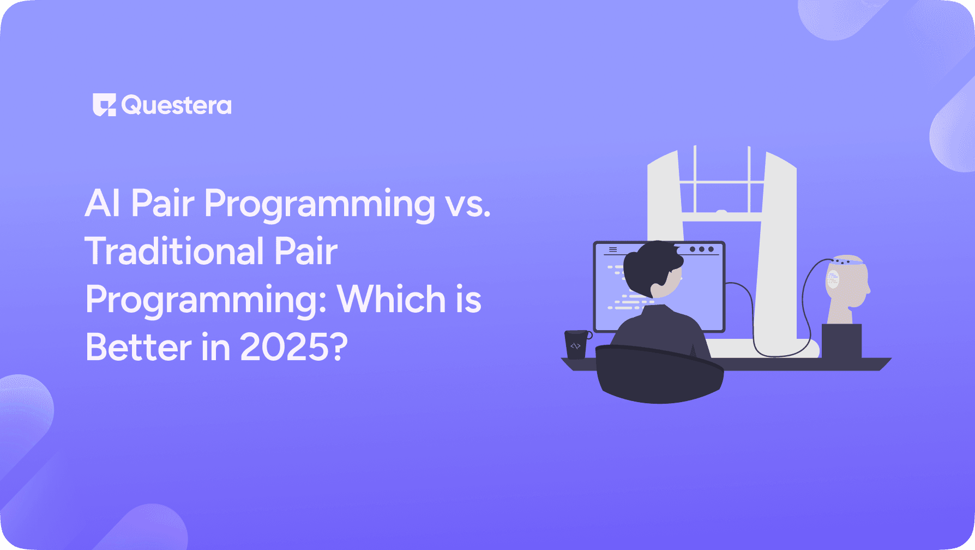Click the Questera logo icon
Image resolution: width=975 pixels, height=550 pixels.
(x=104, y=105)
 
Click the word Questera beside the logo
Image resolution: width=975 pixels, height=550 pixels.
(x=177, y=105)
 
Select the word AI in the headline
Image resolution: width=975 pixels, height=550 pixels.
(x=102, y=204)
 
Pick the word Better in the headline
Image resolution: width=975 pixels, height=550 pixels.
(x=139, y=348)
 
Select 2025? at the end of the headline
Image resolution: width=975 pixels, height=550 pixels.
(x=293, y=348)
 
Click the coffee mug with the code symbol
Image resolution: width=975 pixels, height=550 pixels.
(x=576, y=345)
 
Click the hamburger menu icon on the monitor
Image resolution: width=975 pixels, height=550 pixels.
(x=613, y=249)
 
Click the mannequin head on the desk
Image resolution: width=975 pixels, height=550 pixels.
(x=846, y=286)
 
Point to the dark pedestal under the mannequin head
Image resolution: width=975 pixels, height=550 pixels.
(x=841, y=341)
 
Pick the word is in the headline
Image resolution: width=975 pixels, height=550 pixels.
(x=469, y=300)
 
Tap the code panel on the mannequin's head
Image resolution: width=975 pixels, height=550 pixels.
(x=833, y=279)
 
